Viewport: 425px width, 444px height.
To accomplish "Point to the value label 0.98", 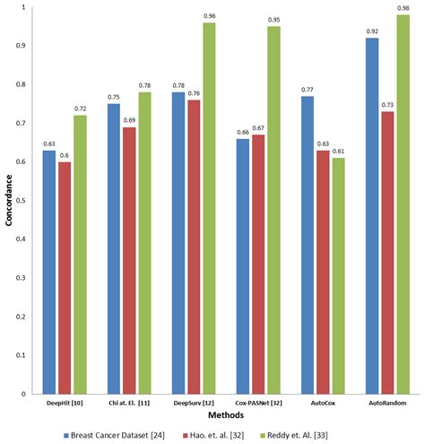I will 403,8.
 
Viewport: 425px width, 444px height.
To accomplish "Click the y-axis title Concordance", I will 8,200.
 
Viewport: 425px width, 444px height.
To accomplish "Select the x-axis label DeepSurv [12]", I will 178,403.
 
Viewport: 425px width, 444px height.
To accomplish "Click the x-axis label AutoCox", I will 317,403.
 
